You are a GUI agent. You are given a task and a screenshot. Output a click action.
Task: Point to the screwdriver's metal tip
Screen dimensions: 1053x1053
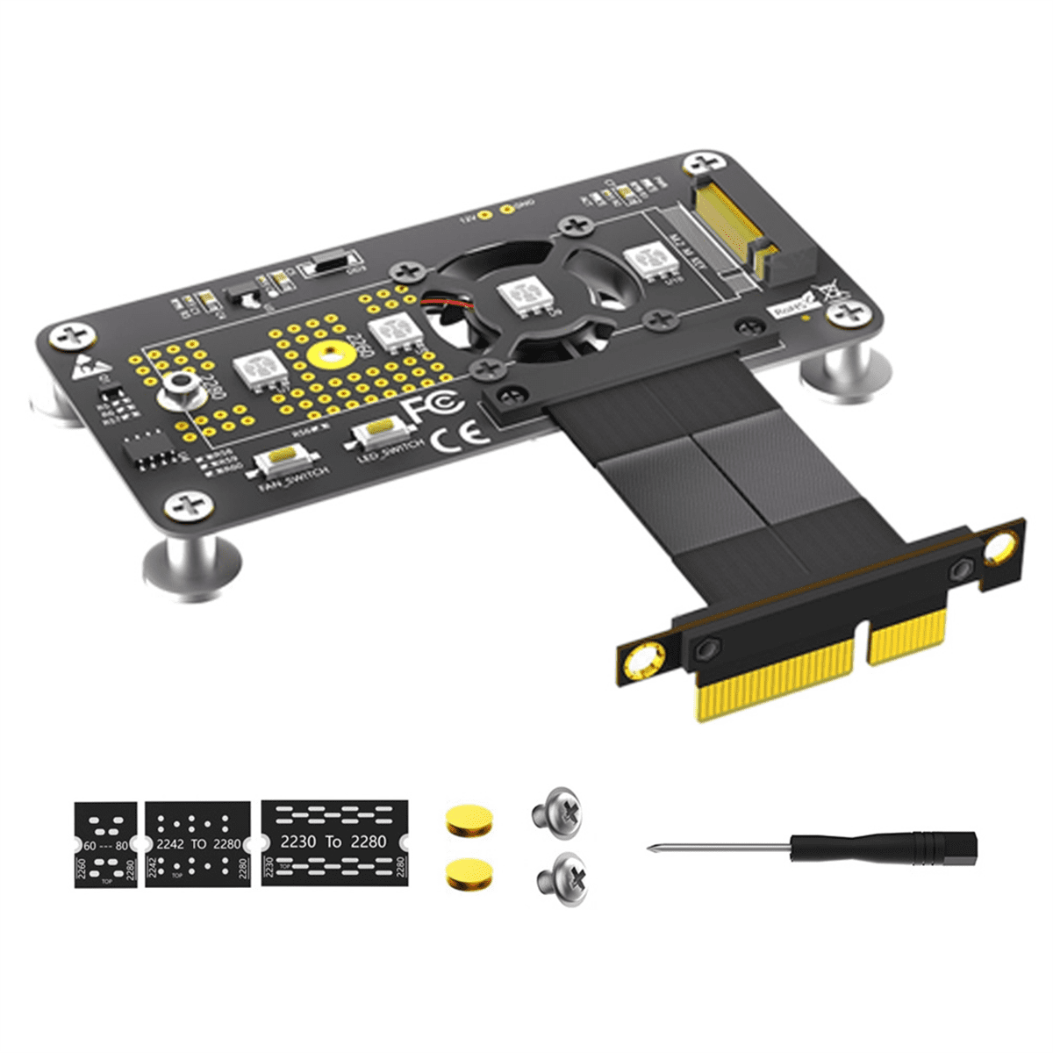pos(654,848)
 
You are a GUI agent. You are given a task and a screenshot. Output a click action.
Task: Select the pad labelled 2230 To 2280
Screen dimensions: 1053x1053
pos(334,842)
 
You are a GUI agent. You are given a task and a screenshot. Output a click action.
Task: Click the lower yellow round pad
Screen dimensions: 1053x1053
pos(469,874)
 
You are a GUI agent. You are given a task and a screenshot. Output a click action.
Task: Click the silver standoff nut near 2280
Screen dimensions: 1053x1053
pos(180,387)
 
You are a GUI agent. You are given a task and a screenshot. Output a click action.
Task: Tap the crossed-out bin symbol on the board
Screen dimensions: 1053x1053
pos(828,293)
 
